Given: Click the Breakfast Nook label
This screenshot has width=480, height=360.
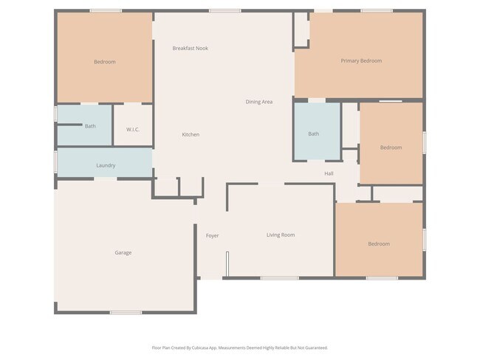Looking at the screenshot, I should point(190,48).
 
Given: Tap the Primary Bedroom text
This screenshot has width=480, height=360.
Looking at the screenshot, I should point(361,60).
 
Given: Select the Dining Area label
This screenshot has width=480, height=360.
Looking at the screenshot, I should point(258,102).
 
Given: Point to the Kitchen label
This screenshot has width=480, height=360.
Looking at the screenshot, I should point(191,134).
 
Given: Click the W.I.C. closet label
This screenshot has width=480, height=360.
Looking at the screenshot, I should point(133,130).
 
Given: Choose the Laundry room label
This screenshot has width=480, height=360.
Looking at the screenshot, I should point(106,165).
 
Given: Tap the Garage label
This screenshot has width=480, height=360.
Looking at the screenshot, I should point(123,252).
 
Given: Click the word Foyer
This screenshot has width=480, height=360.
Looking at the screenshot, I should point(212,235).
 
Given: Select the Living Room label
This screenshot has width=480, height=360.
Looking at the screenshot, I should point(281,235).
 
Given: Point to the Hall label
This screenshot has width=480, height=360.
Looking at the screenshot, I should point(329,173).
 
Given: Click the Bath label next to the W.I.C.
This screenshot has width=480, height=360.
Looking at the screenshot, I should point(90,126).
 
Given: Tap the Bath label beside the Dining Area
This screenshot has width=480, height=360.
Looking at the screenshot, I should point(314,134).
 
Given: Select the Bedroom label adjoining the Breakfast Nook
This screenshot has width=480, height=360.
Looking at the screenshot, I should point(105,62).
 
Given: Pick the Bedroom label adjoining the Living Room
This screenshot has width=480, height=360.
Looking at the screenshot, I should point(379,243).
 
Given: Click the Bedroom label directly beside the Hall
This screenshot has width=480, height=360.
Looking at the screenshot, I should point(391,148).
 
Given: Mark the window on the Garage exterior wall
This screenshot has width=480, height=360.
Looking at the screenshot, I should point(126,313).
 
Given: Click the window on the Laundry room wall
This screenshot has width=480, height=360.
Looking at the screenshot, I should point(56,162).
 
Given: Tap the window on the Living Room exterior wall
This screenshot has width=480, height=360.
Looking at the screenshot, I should point(279,278).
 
